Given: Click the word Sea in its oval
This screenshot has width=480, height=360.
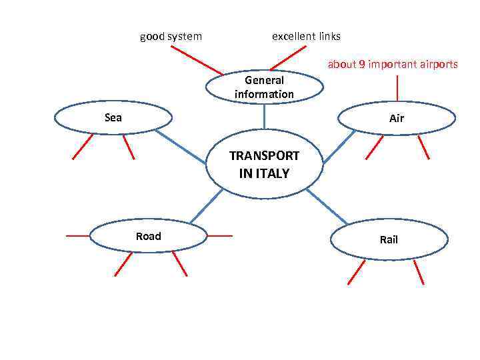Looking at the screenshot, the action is point(113,117).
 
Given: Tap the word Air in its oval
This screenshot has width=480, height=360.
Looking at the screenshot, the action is point(397,119).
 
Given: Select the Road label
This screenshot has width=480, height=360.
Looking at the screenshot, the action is point(148,236).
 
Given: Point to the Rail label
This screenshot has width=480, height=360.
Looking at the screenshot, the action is point(389,239).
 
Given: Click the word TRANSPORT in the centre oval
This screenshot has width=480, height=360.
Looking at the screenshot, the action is point(264,156).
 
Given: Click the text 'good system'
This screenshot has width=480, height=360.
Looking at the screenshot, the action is point(171,36).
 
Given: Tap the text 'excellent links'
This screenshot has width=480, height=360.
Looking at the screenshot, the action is point(306,36).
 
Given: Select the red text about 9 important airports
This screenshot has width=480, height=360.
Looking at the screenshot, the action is point(393,65).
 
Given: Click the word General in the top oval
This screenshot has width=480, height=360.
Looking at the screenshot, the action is point(264,81).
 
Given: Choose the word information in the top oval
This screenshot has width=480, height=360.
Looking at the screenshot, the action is point(264,94).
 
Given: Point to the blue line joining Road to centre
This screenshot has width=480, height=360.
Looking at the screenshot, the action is point(206,205).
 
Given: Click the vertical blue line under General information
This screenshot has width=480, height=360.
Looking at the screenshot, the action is point(265,116).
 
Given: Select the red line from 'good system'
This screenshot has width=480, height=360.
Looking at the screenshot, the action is point(197,61).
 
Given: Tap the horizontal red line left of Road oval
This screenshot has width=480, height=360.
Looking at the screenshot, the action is point(77,235).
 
